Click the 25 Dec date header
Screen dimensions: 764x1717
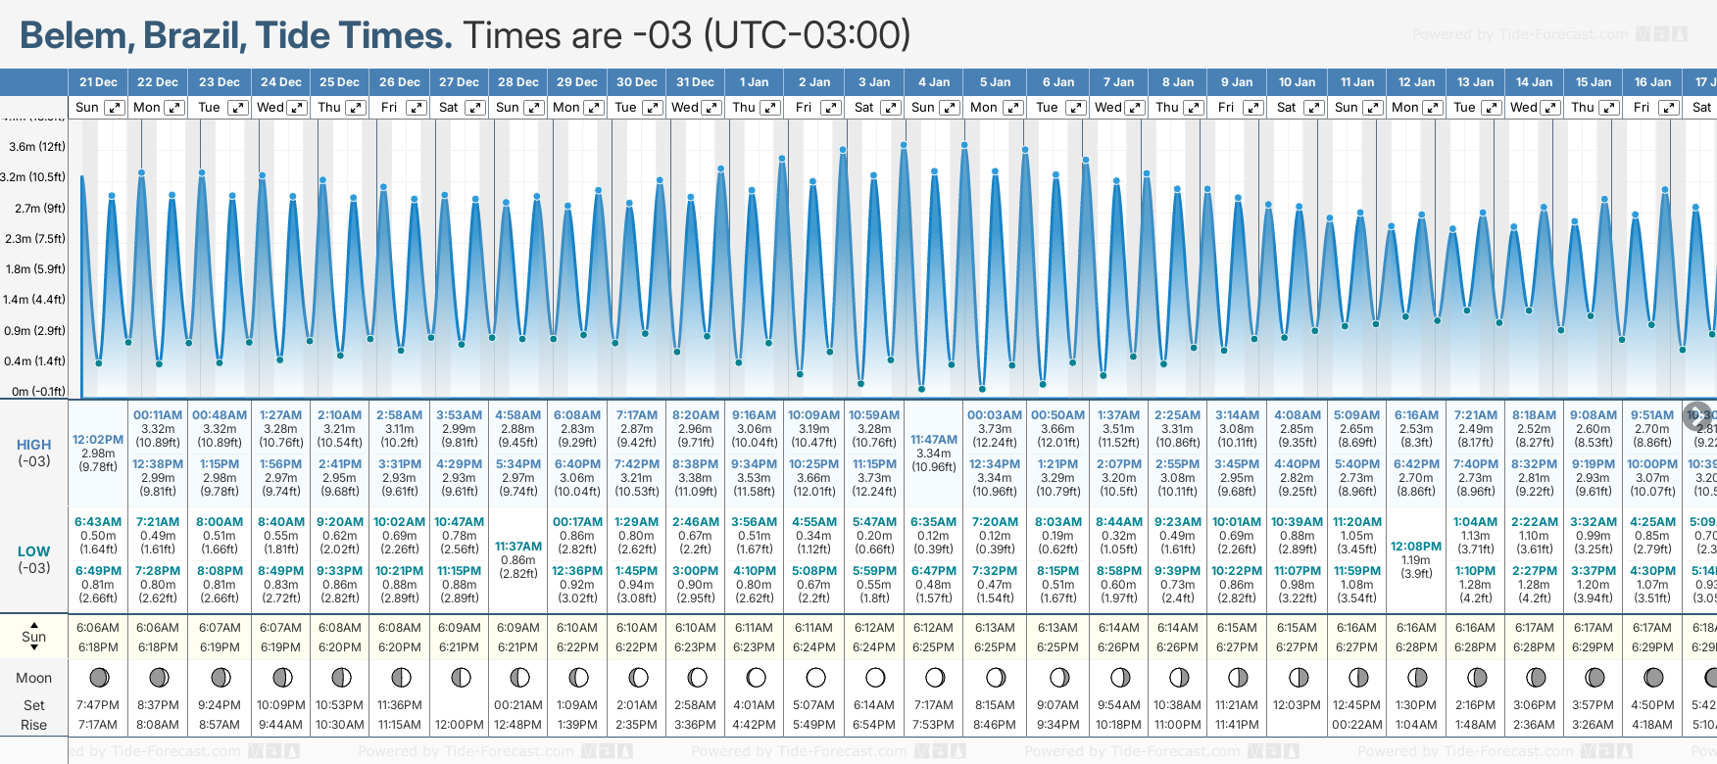tap(339, 82)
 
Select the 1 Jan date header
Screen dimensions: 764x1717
tap(754, 82)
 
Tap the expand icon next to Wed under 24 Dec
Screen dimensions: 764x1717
tap(297, 108)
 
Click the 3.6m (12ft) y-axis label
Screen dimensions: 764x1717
tap(37, 147)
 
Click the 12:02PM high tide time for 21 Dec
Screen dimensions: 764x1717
tap(98, 440)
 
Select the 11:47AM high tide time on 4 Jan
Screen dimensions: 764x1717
tap(933, 440)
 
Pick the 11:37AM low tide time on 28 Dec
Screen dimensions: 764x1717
tap(518, 547)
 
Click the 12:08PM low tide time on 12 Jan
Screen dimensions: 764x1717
tap(1416, 547)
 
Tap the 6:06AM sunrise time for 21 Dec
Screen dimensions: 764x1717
tap(98, 628)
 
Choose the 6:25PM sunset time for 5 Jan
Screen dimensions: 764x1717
tap(995, 647)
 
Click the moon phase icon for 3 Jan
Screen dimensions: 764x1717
tap(875, 677)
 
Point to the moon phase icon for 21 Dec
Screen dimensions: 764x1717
tap(98, 677)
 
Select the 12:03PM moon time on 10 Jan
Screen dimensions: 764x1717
tap(1297, 705)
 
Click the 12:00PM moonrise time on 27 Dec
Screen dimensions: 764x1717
tap(459, 725)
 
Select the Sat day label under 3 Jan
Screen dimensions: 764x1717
tap(863, 108)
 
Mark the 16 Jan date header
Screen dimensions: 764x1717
tap(1652, 82)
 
